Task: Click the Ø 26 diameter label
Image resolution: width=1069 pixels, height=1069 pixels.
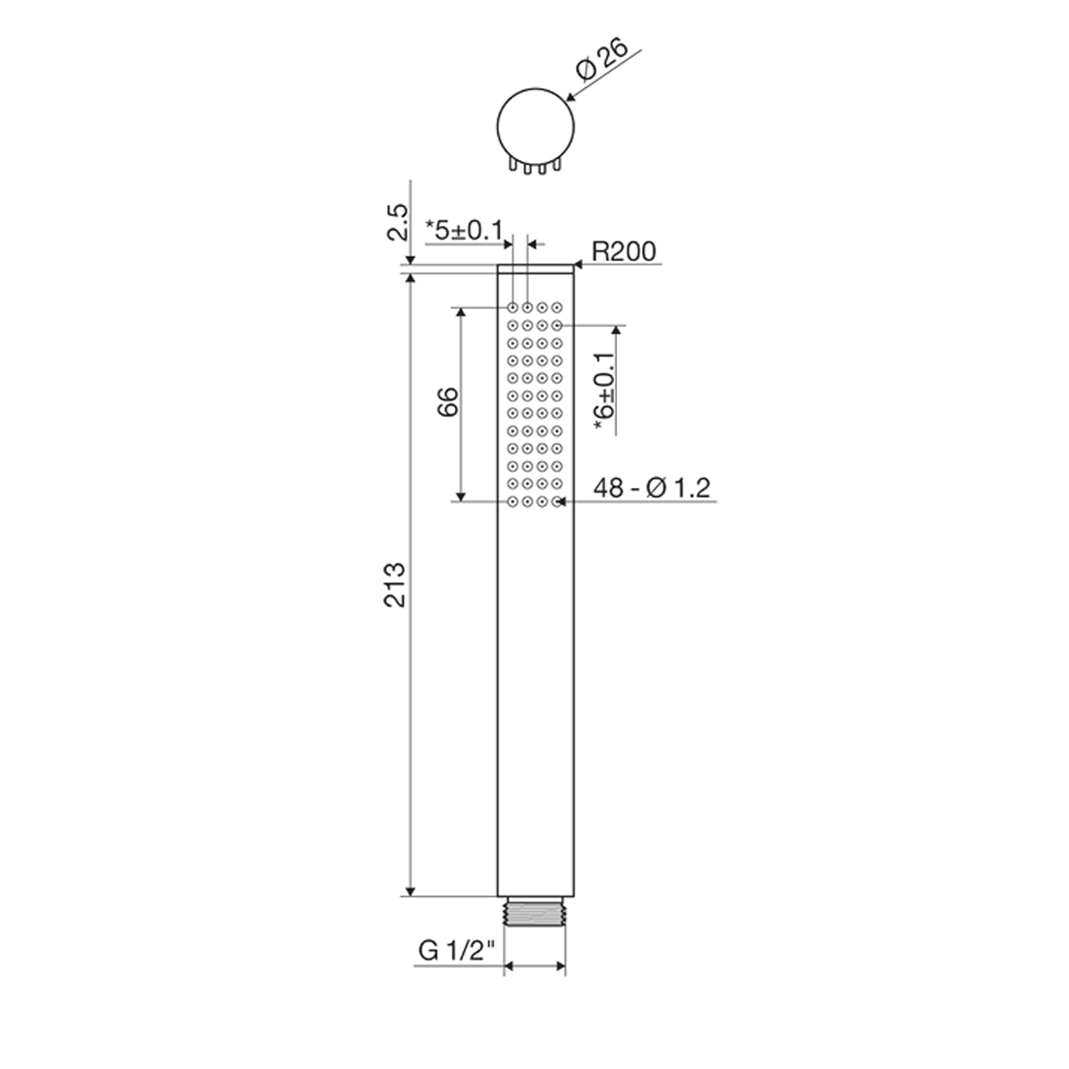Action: (602, 60)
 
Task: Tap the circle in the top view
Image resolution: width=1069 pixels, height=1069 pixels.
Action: (498, 126)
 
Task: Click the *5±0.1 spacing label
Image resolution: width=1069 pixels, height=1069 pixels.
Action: (464, 231)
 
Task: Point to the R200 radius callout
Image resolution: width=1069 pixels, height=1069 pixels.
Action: (624, 251)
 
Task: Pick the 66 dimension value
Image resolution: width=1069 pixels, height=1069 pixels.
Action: (448, 401)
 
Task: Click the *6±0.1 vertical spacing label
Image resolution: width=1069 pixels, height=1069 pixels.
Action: (604, 393)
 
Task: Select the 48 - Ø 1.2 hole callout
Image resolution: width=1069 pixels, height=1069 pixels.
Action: (651, 488)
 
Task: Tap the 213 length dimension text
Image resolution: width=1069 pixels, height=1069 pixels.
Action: (395, 585)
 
